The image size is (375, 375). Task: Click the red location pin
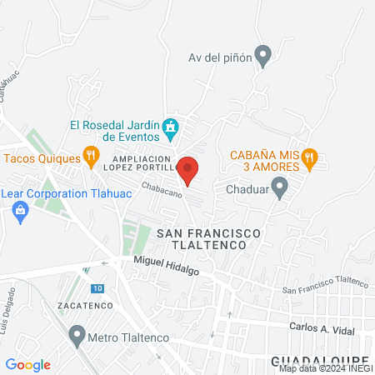tap(188, 169)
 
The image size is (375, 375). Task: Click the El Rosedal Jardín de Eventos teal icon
tap(171, 127)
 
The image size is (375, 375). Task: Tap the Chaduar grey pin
tap(280, 187)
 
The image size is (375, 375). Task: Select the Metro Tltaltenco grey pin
tap(77, 337)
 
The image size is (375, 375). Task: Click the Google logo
tap(28, 364)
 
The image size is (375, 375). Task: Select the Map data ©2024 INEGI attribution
tap(325, 368)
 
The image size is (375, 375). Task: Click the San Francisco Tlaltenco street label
tap(325, 286)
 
